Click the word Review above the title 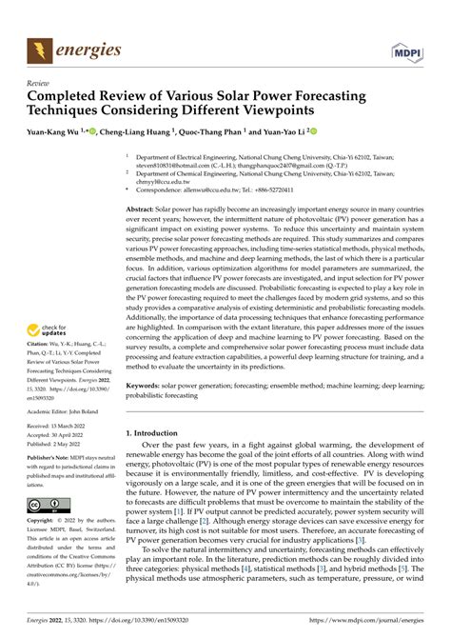click(x=38, y=83)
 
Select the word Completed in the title click(x=69, y=97)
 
